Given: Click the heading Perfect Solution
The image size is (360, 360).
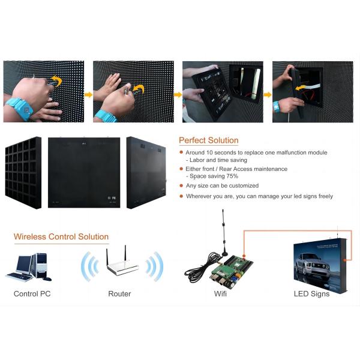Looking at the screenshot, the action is [x=209, y=140].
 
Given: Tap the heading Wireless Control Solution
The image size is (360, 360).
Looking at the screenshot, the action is [x=61, y=237].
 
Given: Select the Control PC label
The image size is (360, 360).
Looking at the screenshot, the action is [x=32, y=293].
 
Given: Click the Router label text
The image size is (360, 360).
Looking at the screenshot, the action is [x=119, y=293].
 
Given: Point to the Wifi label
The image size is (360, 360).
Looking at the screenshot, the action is [x=220, y=293].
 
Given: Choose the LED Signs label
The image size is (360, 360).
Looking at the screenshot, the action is [x=311, y=294].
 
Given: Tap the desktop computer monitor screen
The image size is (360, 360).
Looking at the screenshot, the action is [x=23, y=263].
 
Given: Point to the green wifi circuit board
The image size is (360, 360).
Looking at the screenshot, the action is [x=231, y=271].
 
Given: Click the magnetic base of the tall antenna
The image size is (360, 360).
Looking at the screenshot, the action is [x=224, y=253].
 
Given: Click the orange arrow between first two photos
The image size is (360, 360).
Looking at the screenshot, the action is [x=88, y=95].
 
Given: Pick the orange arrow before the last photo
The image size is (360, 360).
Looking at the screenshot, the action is [x=268, y=95].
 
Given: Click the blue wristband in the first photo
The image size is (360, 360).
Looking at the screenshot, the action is [x=20, y=107].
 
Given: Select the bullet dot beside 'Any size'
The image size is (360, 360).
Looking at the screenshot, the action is [x=181, y=185].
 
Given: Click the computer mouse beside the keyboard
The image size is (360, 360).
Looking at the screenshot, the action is [x=47, y=279].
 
